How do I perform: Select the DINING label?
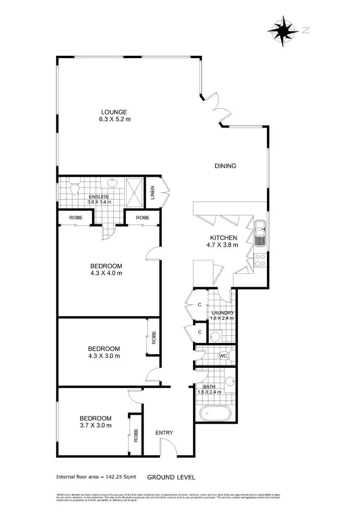[225, 166]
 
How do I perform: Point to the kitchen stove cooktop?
[260, 260]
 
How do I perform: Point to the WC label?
[222, 356]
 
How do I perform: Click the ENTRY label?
[164, 433]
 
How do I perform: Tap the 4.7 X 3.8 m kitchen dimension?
[224, 245]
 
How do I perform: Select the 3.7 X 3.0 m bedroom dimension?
[96, 425]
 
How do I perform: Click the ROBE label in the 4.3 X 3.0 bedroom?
[154, 338]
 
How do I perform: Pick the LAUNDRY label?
[222, 313]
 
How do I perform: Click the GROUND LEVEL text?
[171, 477]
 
